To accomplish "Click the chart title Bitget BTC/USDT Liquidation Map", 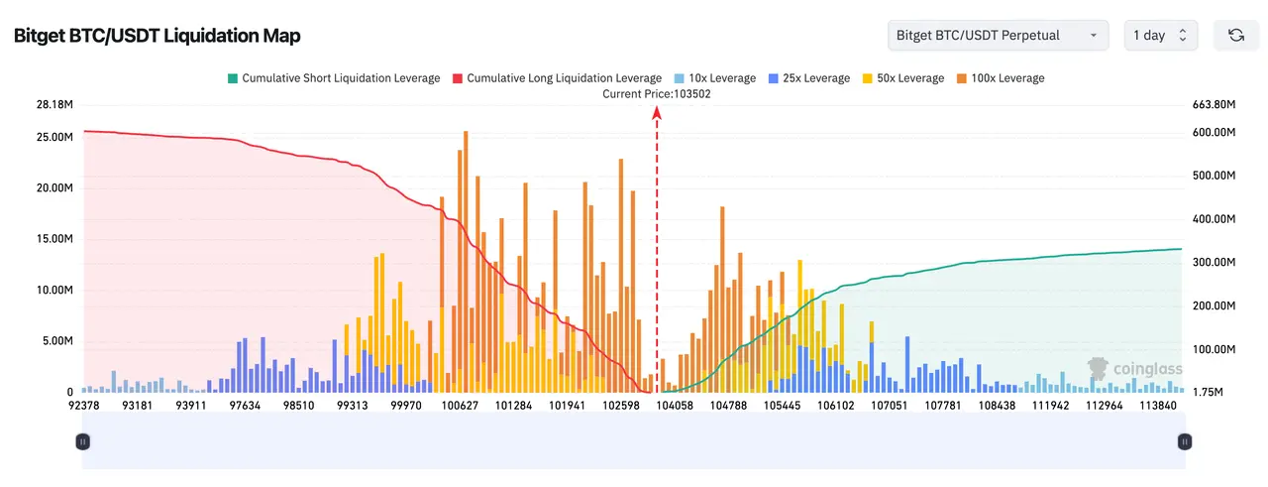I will point(157,36).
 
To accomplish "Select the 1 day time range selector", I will point(1160,36).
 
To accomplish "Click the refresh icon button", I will point(1236,36).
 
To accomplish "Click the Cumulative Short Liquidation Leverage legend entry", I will point(333,78).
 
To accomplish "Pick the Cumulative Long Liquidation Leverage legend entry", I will point(556,78).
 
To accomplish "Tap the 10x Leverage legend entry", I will point(714,78).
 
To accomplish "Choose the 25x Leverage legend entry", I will point(808,78).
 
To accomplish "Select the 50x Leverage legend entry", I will point(902,78).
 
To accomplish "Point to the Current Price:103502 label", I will point(657,94).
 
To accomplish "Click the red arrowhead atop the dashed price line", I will point(657,112).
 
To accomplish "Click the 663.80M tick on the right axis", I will point(1214,104).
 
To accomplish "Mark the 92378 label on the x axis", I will point(83,406).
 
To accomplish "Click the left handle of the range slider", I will point(83,442).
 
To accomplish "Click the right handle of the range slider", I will point(1184,442).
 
